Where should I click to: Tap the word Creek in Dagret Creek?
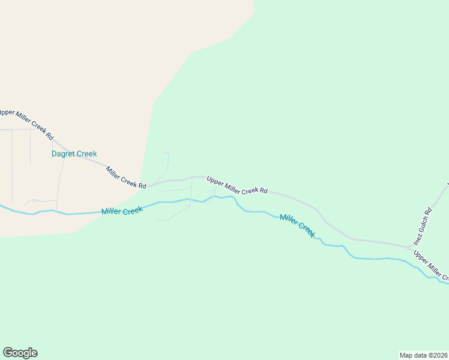click(x=85, y=154)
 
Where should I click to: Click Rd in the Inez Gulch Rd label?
click(x=429, y=212)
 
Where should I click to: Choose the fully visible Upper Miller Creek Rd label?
click(x=237, y=185)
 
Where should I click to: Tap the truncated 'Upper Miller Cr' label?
click(x=431, y=266)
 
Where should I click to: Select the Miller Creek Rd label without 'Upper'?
click(x=126, y=177)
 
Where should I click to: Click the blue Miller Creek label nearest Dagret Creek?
click(x=122, y=211)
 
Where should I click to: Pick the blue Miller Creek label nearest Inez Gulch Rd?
click(x=297, y=224)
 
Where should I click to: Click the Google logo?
click(x=20, y=353)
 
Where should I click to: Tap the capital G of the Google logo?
click(x=8, y=352)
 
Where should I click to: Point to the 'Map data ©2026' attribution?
click(x=423, y=355)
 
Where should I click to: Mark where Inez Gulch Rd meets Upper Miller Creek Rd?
click(x=409, y=246)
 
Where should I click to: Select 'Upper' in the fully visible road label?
click(x=214, y=180)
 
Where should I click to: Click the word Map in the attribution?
click(x=406, y=355)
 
